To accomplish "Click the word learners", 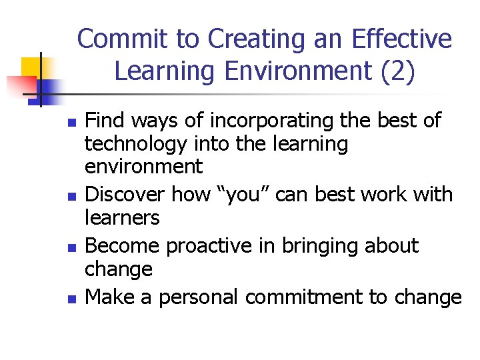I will click(x=123, y=218).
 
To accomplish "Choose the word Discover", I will click(x=126, y=195).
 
